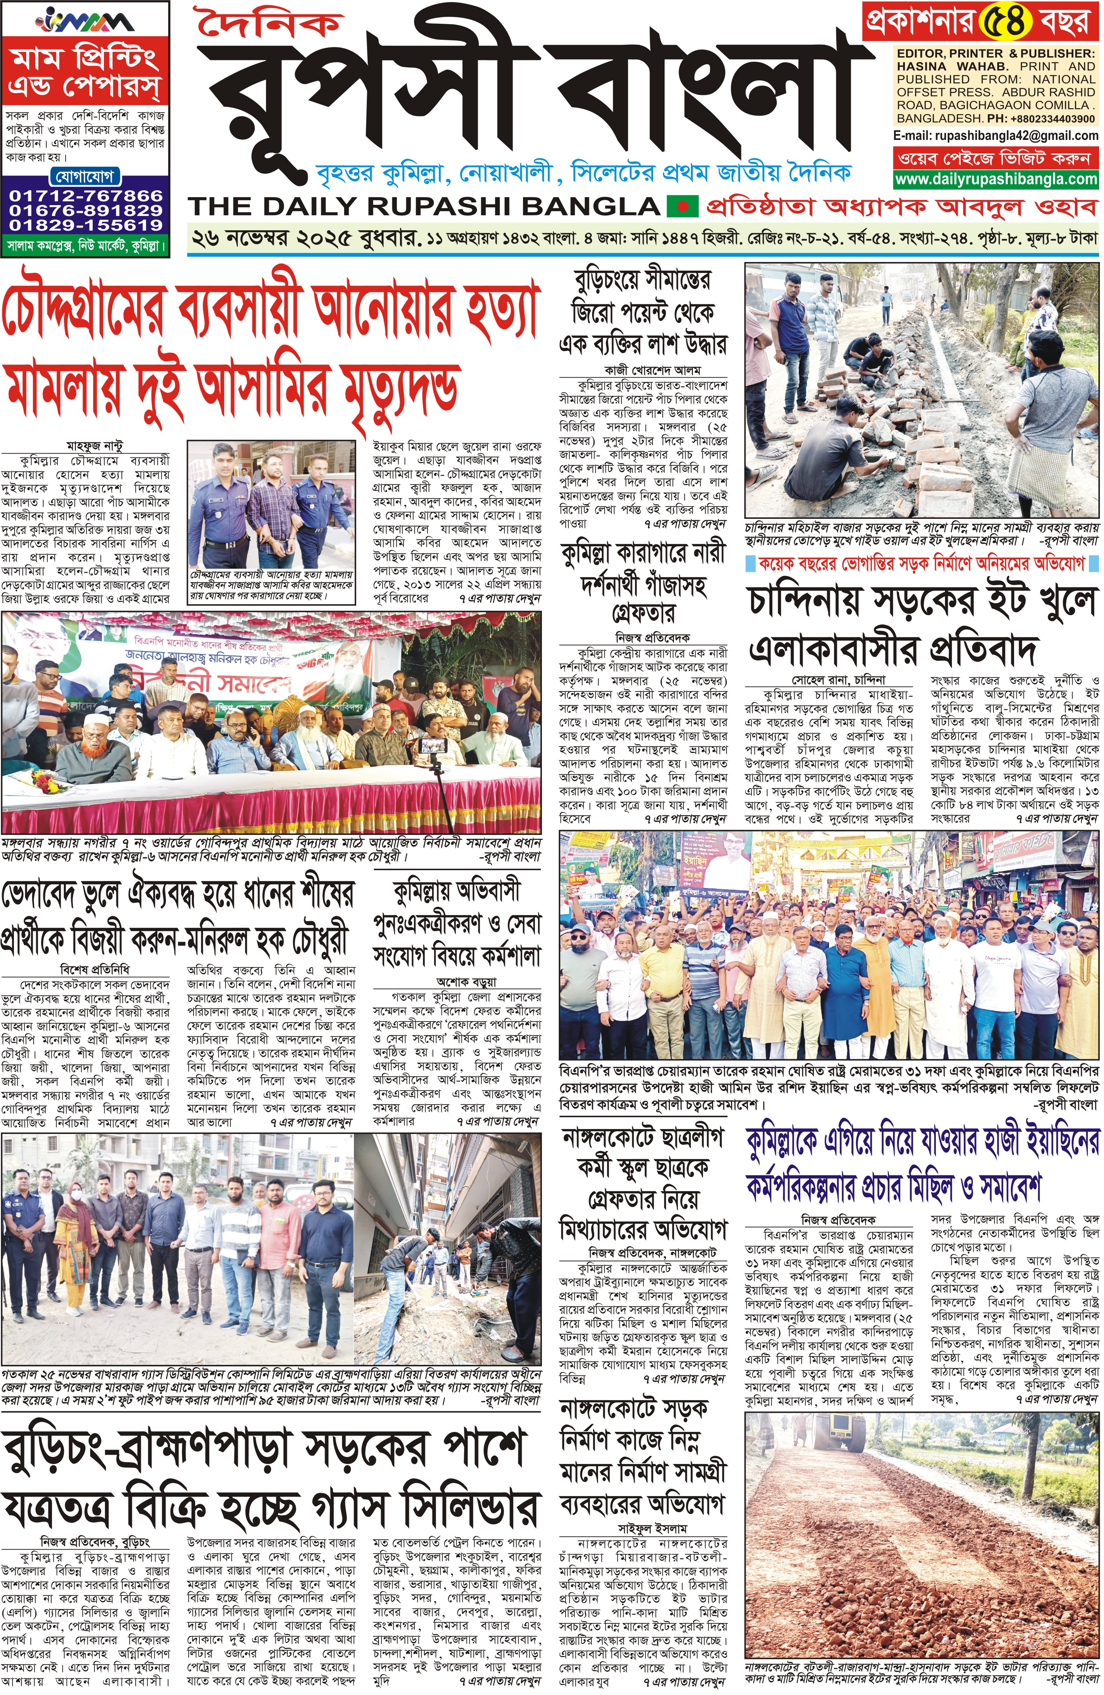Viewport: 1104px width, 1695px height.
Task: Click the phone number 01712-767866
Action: click(85, 195)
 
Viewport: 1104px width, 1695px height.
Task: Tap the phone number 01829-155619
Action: click(85, 224)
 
